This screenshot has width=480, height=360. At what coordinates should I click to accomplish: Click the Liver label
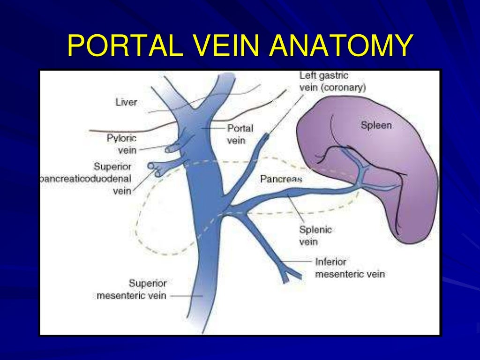pos(126,102)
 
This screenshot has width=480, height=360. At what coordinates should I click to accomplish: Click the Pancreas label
pos(281,179)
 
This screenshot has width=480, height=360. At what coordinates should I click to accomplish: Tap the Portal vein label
pos(240,134)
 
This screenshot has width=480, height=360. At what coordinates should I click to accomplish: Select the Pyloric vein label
pos(122,144)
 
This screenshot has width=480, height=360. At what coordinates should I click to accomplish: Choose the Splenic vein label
pos(315,236)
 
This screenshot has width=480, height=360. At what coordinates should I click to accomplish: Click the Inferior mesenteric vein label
pos(350,268)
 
